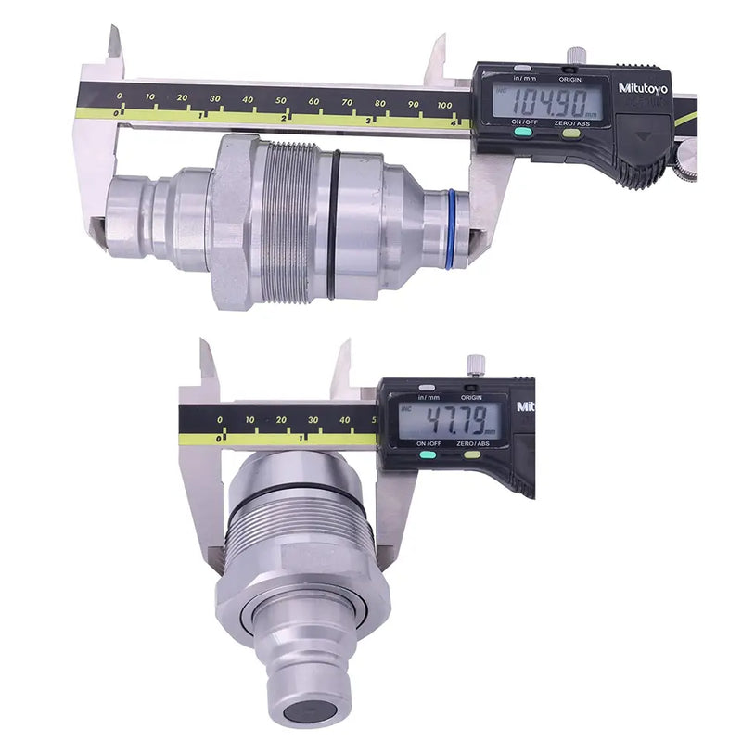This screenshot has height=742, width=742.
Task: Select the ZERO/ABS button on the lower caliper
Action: coord(472,454)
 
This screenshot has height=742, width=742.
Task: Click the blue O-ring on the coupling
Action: coord(451,228)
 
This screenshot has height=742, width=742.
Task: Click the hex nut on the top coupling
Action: coord(231,222)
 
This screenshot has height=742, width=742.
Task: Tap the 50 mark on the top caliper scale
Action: coord(281,99)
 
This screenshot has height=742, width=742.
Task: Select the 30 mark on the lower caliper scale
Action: coord(313,420)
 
